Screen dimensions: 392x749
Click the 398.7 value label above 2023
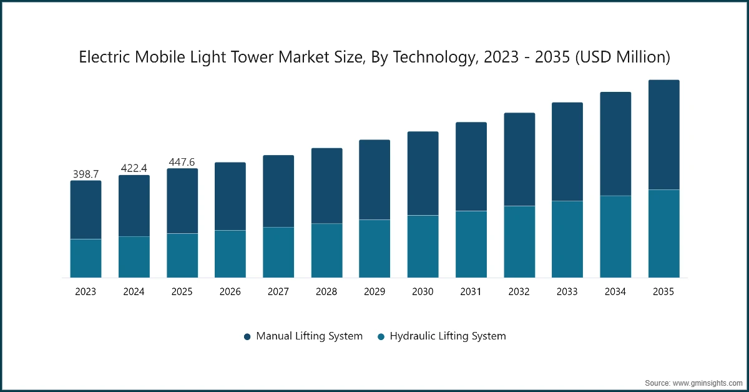tap(86, 174)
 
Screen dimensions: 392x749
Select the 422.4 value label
tap(134, 168)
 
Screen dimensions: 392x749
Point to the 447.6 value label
tap(182, 162)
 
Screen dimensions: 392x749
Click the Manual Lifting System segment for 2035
tap(663, 134)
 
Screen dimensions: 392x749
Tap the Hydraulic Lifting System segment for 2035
tap(663, 233)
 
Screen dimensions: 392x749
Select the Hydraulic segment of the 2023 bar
tap(86, 258)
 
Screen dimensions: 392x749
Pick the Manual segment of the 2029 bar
tap(374, 179)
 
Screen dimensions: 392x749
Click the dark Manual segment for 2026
tap(230, 196)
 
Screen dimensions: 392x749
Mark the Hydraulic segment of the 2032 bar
tap(519, 241)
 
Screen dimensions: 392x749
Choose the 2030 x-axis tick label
tap(423, 292)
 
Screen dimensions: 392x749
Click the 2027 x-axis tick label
tap(278, 292)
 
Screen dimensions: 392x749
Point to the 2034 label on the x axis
tap(615, 292)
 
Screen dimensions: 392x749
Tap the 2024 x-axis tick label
tap(134, 292)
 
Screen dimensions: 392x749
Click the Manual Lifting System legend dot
tap(247, 336)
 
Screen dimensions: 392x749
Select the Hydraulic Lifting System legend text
tap(448, 336)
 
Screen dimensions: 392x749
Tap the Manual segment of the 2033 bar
tap(567, 151)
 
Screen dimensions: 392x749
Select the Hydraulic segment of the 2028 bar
tap(326, 250)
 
